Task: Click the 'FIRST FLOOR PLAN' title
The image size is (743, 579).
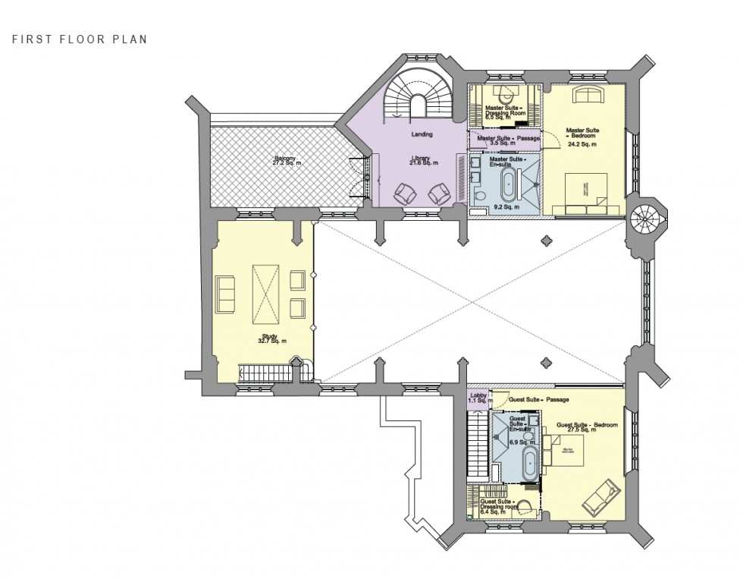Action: (80, 39)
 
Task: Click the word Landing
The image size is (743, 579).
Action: (422, 134)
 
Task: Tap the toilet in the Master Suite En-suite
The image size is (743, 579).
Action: (480, 197)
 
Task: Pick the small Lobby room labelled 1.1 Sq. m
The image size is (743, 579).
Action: (478, 398)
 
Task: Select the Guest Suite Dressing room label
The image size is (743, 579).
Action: (497, 506)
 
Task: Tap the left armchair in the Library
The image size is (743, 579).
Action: (404, 194)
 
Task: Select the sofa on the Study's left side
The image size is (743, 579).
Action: (226, 294)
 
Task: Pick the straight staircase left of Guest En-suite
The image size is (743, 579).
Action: (478, 445)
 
